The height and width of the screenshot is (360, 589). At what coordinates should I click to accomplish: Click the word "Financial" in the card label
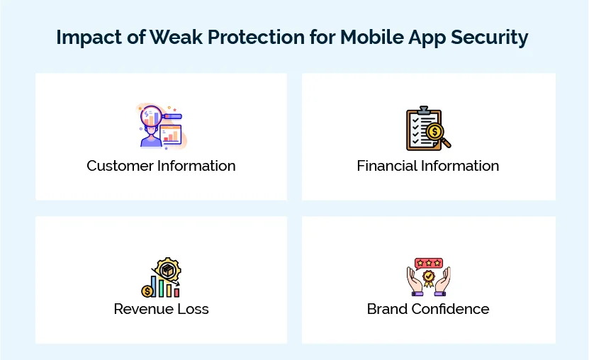click(x=388, y=166)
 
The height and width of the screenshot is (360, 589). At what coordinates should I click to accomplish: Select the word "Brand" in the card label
click(x=386, y=309)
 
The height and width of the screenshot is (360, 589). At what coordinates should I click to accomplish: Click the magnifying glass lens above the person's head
click(x=151, y=115)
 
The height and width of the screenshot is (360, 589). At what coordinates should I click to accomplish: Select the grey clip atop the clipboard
click(x=423, y=111)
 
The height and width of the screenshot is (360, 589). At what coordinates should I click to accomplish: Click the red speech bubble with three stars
click(x=428, y=263)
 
